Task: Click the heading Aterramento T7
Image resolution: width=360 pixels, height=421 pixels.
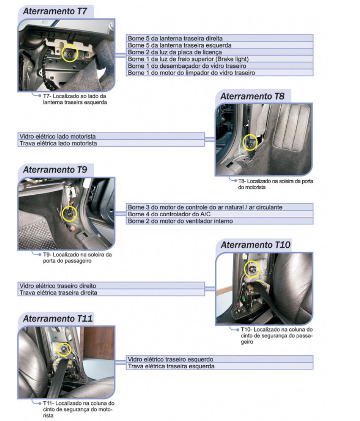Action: click(55, 11)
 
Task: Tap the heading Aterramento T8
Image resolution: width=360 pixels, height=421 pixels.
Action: click(252, 96)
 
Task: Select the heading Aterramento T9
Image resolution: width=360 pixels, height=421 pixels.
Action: click(55, 169)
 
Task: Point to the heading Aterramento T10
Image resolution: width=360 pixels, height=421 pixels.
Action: click(255, 245)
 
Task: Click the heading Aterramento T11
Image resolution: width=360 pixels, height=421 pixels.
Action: click(57, 319)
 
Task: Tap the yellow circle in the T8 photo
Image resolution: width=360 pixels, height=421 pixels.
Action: click(250, 143)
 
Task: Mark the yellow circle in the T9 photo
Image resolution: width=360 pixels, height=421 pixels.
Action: click(70, 213)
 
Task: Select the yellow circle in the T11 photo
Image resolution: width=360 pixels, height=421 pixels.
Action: click(64, 349)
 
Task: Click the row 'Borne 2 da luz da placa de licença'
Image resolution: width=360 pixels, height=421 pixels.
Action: click(219, 52)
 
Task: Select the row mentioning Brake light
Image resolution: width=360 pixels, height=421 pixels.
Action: click(219, 59)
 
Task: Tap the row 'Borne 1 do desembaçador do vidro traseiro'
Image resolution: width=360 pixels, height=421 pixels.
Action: click(219, 66)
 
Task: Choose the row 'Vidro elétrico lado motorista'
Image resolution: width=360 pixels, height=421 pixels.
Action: click(111, 137)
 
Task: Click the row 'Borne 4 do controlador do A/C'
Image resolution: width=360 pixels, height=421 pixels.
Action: click(219, 214)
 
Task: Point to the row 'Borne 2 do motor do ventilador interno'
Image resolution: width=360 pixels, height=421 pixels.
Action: click(219, 221)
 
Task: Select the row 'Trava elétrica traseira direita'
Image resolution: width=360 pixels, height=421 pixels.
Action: click(111, 293)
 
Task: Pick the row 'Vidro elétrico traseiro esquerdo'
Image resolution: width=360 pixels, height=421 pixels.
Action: click(219, 359)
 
